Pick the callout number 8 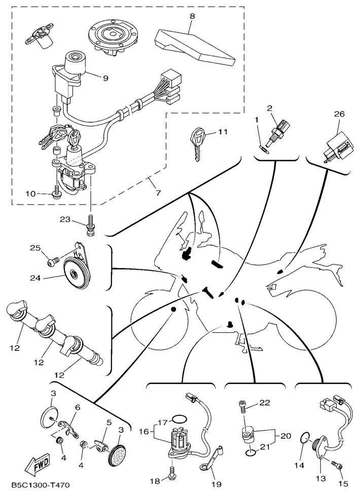[x=192, y=16]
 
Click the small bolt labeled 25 [x=51, y=261]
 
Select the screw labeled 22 [x=243, y=405]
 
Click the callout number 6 [x=78, y=407]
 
